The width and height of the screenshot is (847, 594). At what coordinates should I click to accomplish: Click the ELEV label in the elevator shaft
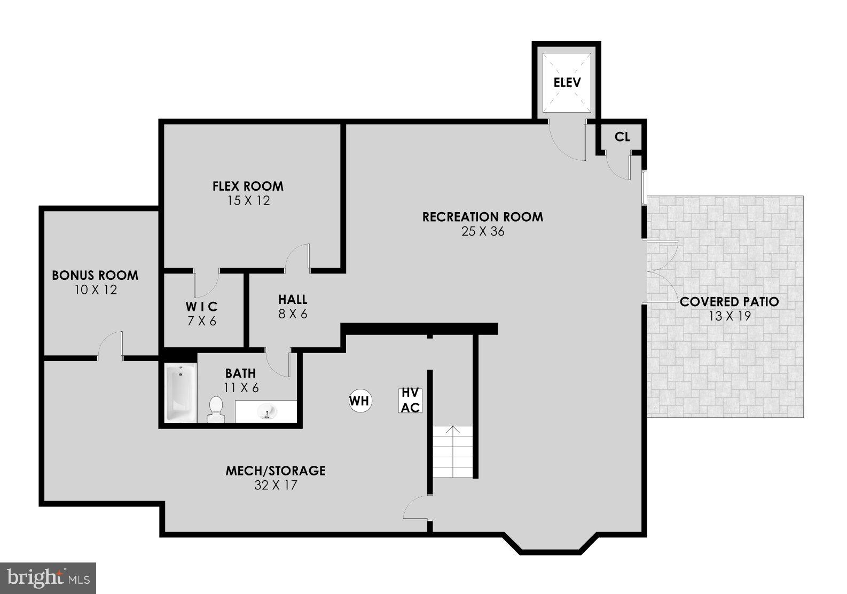(x=567, y=83)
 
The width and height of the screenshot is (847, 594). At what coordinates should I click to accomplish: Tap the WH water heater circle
(x=359, y=400)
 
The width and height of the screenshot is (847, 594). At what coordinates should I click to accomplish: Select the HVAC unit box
(x=410, y=400)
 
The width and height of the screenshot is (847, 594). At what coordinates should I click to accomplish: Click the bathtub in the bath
(x=181, y=393)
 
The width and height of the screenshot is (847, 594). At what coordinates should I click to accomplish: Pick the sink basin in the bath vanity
(x=266, y=411)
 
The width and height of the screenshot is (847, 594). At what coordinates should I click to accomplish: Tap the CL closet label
(x=622, y=137)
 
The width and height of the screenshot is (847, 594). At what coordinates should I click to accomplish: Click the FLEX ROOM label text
(x=248, y=186)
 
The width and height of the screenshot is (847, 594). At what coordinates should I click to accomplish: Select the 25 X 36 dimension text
(x=483, y=232)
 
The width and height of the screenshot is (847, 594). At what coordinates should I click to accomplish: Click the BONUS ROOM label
(x=95, y=276)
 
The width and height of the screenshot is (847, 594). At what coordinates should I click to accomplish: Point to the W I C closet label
(x=201, y=307)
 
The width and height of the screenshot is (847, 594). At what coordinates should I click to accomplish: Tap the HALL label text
(x=293, y=300)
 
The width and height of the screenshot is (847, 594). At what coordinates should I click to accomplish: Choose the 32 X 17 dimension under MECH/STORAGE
(x=276, y=486)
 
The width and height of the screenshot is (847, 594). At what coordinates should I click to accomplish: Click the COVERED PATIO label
(x=729, y=302)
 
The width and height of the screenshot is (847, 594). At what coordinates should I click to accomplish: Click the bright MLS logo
(x=48, y=578)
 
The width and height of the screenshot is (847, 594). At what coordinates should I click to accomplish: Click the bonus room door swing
(x=111, y=344)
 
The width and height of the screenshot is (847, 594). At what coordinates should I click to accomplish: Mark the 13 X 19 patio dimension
(x=730, y=316)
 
